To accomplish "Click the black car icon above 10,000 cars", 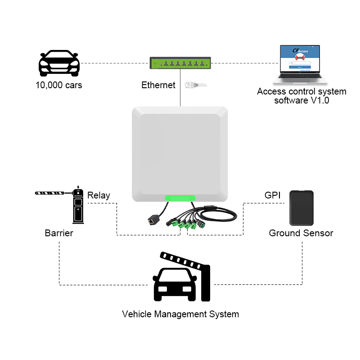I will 59,64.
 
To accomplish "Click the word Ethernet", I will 158,85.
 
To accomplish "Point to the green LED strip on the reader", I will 180,198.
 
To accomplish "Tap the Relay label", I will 99,195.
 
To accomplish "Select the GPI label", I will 272,195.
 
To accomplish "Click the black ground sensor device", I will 301,208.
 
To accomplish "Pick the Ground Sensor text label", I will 301,233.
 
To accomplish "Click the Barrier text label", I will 59,234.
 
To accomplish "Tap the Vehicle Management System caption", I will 180,314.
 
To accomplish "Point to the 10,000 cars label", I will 59,85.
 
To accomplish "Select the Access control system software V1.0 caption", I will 301,96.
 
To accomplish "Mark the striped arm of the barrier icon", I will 53,193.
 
